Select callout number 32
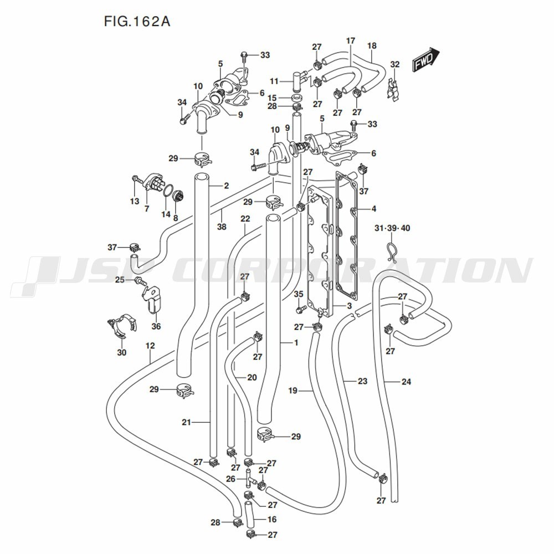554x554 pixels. [x=394, y=65]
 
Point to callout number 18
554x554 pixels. [x=372, y=45]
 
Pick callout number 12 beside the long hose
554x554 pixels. [x=150, y=346]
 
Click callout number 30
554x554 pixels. [x=121, y=352]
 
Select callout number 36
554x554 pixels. [x=156, y=326]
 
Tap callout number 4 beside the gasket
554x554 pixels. [x=374, y=209]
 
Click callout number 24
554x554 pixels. [x=406, y=381]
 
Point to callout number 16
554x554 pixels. [x=271, y=520]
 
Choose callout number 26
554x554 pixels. [x=231, y=479]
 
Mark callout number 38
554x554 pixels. [x=222, y=227]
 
